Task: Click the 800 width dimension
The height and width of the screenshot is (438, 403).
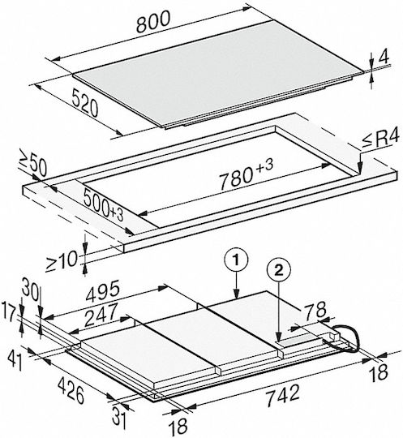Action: [153, 22]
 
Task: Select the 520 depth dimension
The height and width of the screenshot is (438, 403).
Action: [85, 102]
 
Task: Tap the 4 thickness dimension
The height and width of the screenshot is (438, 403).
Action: [384, 57]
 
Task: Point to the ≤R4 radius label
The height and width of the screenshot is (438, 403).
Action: [381, 140]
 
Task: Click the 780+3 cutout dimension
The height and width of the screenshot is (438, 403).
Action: [246, 174]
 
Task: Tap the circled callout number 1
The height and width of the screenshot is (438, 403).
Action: [236, 260]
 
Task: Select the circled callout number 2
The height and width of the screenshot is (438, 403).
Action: [279, 270]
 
